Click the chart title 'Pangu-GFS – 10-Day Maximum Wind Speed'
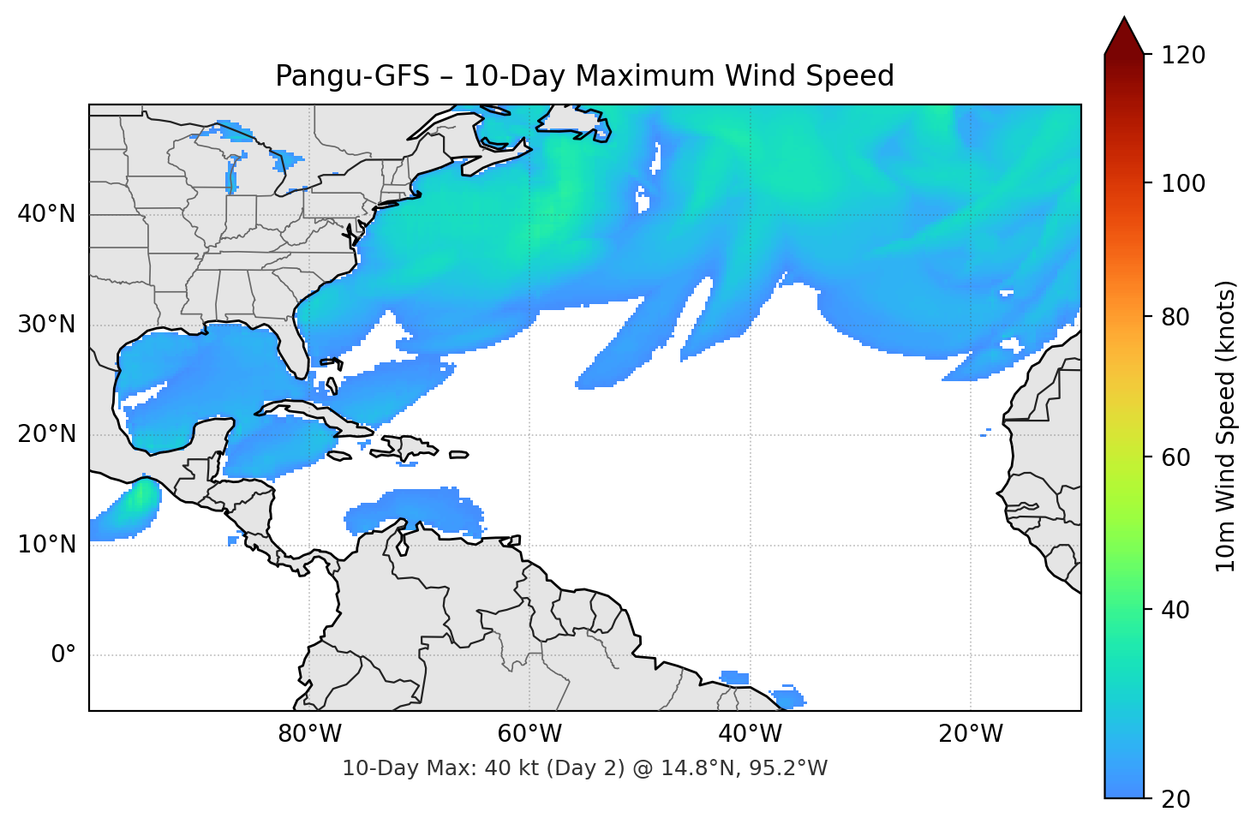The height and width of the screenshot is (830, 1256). click(584, 76)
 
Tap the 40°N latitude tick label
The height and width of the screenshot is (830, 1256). click(46, 214)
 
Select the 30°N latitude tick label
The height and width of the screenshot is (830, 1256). click(46, 325)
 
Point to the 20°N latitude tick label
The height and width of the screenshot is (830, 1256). click(46, 434)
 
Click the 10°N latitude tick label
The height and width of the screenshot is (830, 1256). click(46, 545)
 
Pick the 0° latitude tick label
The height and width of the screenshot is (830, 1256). click(63, 655)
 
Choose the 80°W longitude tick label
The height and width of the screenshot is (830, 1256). click(309, 734)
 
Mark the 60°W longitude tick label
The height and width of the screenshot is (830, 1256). click(529, 734)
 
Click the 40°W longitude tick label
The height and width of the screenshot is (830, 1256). click(750, 734)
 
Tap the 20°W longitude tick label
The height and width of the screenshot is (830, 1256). click(970, 734)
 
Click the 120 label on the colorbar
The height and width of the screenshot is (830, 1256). click(1183, 56)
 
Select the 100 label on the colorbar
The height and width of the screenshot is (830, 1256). click(1183, 183)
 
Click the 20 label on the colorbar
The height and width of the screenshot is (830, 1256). click(1176, 799)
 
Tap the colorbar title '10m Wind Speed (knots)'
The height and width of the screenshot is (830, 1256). click(1226, 426)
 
